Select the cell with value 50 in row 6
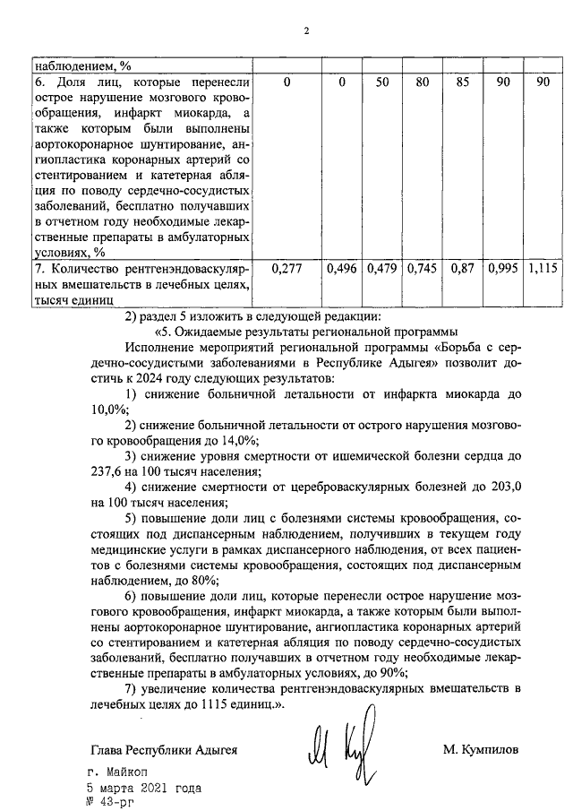pyautogui.click(x=382, y=83)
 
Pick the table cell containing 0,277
pyautogui.click(x=286, y=269)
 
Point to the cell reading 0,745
pyautogui.click(x=422, y=269)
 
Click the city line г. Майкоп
pyautogui.click(x=120, y=772)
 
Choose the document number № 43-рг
pyautogui.click(x=115, y=803)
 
